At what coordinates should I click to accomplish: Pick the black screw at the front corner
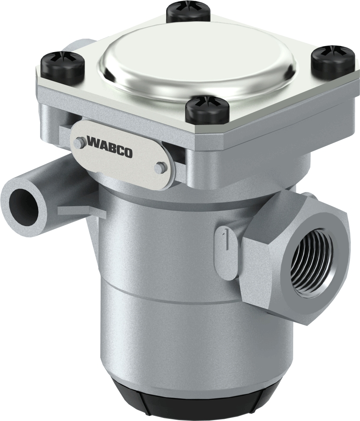207,109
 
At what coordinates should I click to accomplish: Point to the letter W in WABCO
92,141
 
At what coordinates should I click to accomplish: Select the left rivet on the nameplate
79,142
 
